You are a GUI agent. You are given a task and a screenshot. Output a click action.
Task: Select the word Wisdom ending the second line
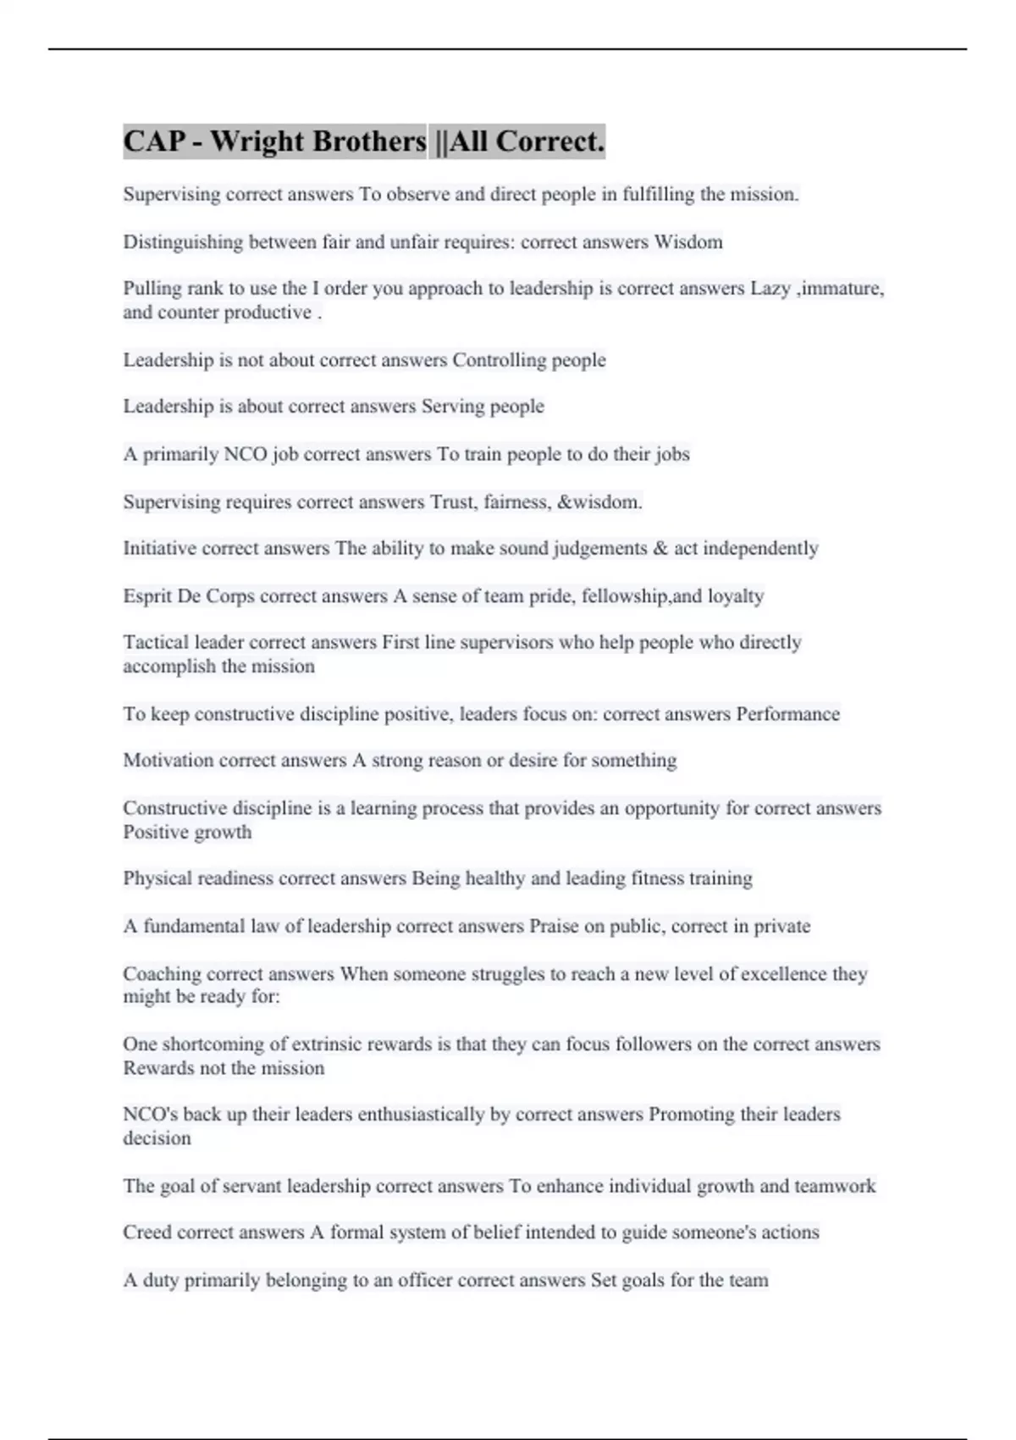point(688,242)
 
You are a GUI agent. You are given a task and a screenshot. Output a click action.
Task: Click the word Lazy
point(770,289)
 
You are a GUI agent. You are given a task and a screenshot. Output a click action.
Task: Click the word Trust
point(453,502)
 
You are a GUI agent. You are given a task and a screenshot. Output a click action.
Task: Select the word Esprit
point(146,596)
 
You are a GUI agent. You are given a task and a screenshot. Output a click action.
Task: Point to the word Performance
point(787,714)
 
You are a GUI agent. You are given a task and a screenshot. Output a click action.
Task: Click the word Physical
point(157,878)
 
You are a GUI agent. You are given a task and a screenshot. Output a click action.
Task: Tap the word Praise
point(554,927)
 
